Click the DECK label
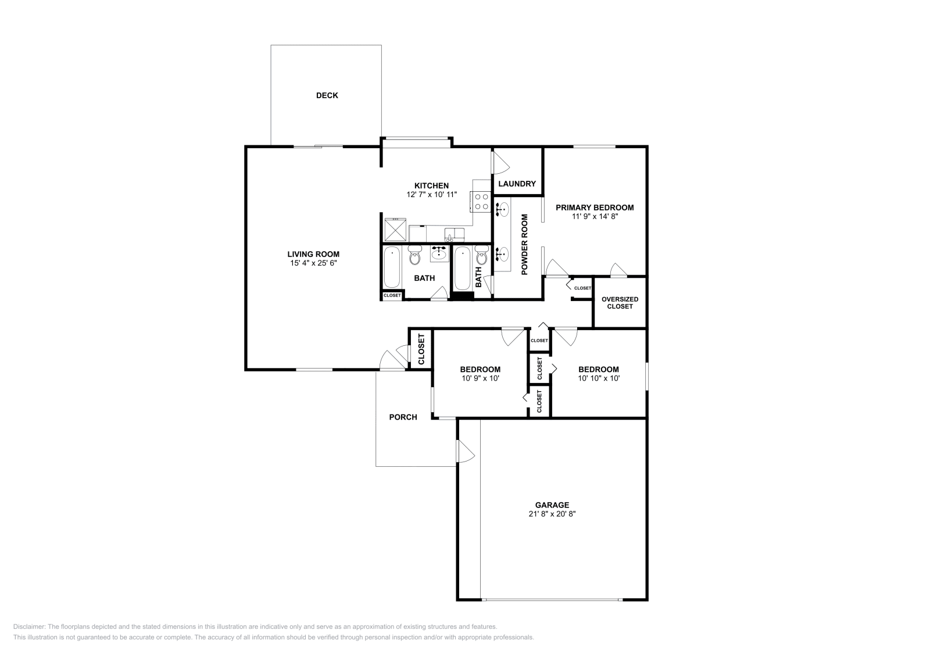click(327, 95)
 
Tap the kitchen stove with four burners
click(481, 201)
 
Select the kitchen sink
click(454, 234)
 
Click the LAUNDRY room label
click(517, 184)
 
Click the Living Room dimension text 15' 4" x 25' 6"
click(313, 263)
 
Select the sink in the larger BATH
click(439, 253)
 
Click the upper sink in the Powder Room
click(502, 209)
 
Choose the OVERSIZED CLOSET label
click(620, 303)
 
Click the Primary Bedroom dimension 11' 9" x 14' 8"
click(595, 216)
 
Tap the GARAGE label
click(552, 505)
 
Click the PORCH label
click(403, 417)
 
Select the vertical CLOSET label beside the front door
click(421, 349)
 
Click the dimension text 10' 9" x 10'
click(480, 378)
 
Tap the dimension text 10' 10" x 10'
click(599, 378)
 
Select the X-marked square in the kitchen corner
click(395, 229)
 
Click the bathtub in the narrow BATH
click(463, 269)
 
